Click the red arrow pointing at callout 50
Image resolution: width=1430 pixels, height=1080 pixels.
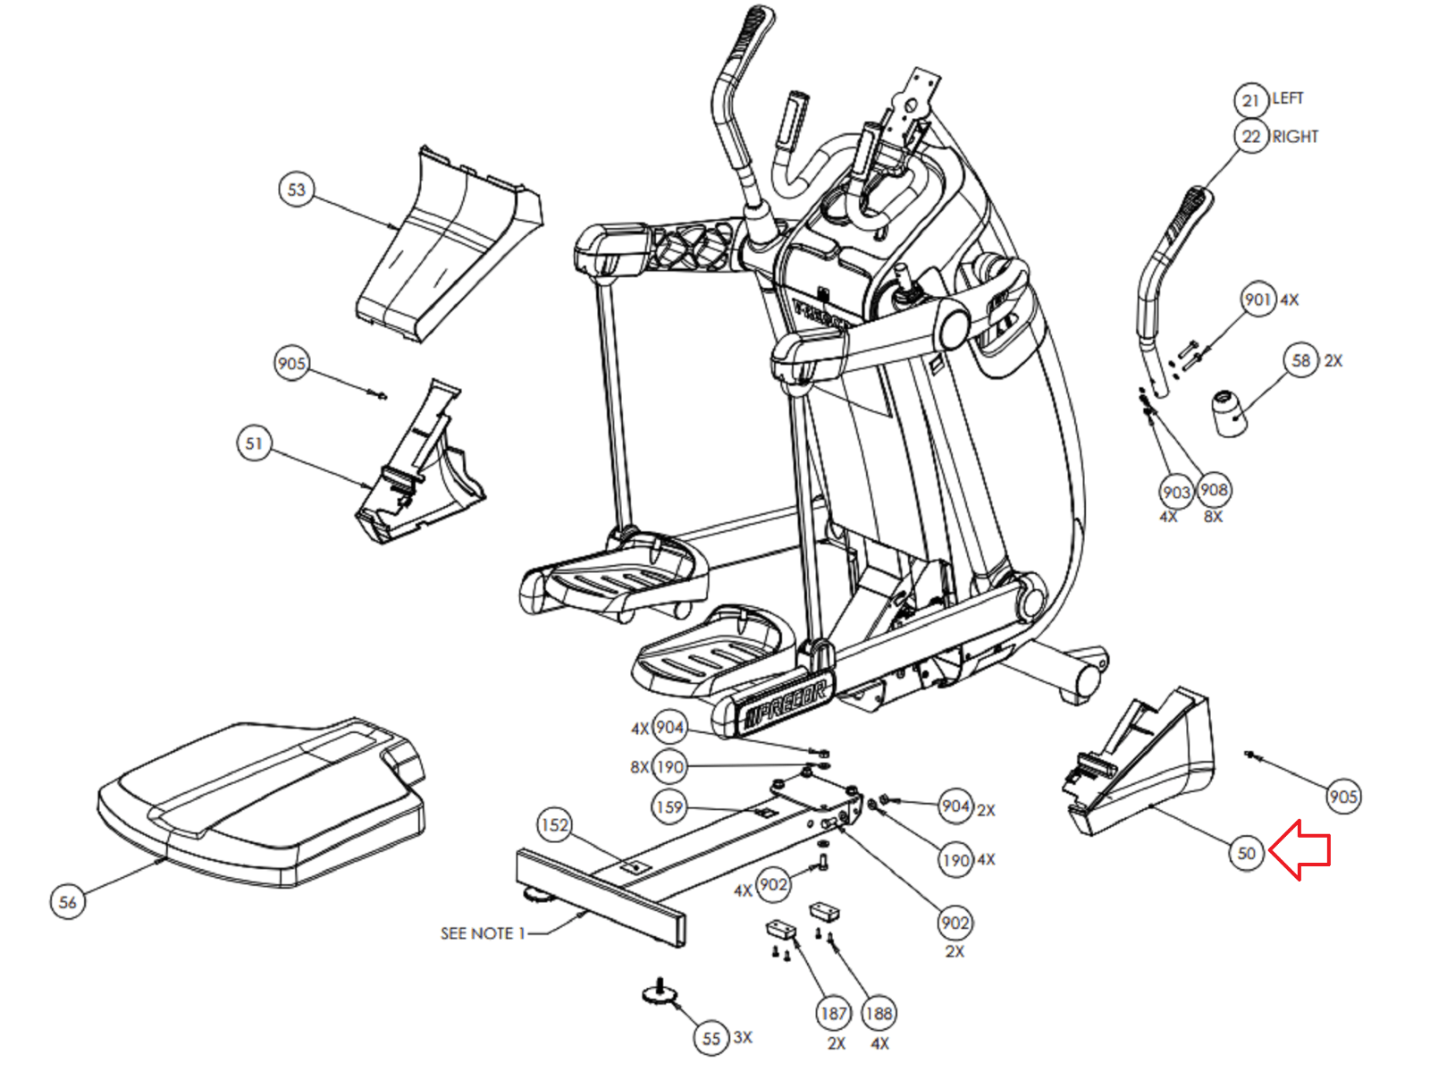(1300, 850)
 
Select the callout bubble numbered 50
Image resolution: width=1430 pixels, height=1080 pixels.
(1246, 853)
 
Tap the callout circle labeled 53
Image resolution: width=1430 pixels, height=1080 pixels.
(296, 190)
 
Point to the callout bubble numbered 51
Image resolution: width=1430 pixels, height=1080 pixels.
(255, 443)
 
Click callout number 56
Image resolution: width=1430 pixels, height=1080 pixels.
(67, 901)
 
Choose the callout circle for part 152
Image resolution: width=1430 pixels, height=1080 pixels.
(554, 824)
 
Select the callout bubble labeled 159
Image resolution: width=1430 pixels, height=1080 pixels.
(669, 806)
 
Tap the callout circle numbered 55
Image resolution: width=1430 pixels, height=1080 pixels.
(711, 1038)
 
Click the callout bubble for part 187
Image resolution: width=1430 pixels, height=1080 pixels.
(833, 1013)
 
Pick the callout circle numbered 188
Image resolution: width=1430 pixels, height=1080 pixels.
(879, 1013)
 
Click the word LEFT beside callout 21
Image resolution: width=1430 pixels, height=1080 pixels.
(1288, 98)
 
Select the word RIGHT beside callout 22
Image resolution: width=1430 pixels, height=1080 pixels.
(1295, 137)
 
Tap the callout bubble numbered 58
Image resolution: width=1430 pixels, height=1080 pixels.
(1301, 360)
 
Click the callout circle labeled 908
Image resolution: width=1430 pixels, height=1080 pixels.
(1214, 490)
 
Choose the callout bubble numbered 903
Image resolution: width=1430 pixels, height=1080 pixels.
(1176, 492)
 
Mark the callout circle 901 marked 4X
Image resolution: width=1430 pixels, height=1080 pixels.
(1258, 300)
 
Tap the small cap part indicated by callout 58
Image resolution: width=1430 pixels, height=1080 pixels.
(1230, 412)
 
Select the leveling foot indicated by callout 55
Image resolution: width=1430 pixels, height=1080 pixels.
(660, 992)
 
